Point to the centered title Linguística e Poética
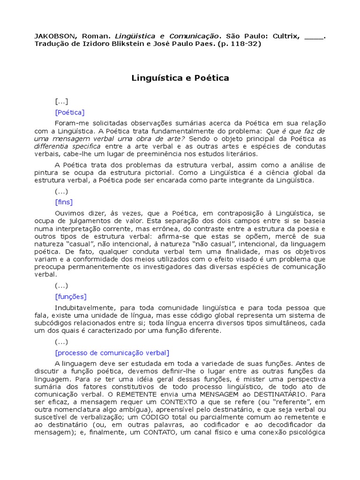pyautogui.click(x=180, y=78)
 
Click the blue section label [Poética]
pyautogui.click(x=70, y=112)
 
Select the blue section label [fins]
pyautogui.click(x=64, y=202)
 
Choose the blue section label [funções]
pyautogui.click(x=71, y=296)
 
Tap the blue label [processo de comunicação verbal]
pyautogui.click(x=112, y=352)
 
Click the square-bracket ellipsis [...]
pyautogui.click(x=61, y=101)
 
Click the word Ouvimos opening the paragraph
pyautogui.click(x=68, y=213)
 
